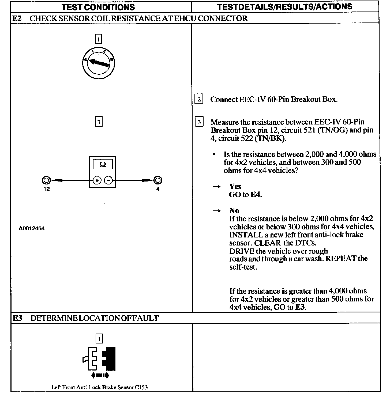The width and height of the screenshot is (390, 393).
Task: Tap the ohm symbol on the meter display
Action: (x=103, y=165)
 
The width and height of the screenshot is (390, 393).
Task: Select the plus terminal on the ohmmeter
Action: (x=97, y=180)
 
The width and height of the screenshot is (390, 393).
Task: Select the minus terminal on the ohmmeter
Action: (x=108, y=180)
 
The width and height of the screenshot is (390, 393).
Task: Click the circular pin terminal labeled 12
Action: (x=46, y=180)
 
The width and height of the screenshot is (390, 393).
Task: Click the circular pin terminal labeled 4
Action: (x=158, y=180)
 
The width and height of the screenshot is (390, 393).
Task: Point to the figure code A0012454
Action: (x=32, y=229)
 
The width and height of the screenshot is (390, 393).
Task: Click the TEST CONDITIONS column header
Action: (x=98, y=7)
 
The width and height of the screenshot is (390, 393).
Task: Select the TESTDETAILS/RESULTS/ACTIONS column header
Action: (x=285, y=7)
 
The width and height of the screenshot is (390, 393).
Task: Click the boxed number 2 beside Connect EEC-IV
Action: (x=199, y=99)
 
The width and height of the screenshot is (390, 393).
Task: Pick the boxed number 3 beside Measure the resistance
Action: (x=199, y=122)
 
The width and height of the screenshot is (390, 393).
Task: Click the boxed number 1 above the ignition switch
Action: (x=98, y=39)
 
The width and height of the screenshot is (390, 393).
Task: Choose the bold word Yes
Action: (x=235, y=187)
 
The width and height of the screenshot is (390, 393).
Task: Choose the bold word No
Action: (x=234, y=211)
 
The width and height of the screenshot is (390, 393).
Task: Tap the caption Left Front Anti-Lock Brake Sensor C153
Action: (x=99, y=387)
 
